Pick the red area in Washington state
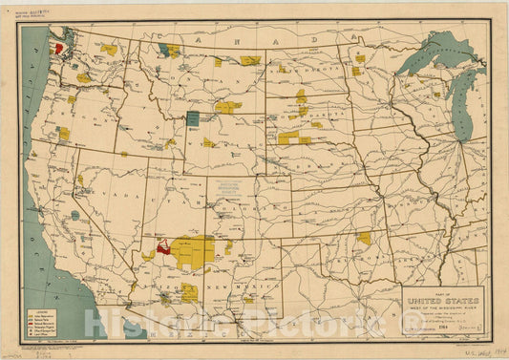[58, 46]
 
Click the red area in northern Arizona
[163, 245]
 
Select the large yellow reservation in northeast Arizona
[196, 250]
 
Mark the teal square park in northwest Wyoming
[193, 118]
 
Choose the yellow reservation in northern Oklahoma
[364, 237]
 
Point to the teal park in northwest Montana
[170, 49]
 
